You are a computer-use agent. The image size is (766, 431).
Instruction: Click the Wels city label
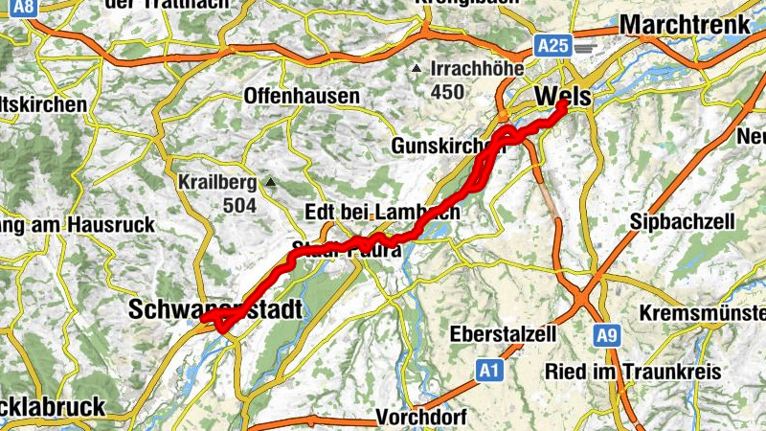click(564, 97)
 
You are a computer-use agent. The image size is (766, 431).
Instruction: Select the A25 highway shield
click(552, 45)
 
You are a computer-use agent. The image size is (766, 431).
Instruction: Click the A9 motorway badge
click(604, 336)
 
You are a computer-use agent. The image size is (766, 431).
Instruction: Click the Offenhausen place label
click(302, 97)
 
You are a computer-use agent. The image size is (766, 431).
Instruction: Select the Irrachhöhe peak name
click(477, 69)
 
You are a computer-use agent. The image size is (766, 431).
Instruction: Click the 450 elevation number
click(447, 92)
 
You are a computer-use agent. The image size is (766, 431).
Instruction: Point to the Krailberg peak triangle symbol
click(271, 181)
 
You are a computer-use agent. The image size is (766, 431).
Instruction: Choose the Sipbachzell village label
click(683, 222)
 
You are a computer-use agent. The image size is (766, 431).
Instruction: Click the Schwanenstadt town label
click(214, 309)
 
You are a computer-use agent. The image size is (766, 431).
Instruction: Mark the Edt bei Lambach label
click(381, 212)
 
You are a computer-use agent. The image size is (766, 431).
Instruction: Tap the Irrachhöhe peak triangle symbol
click(416, 69)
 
